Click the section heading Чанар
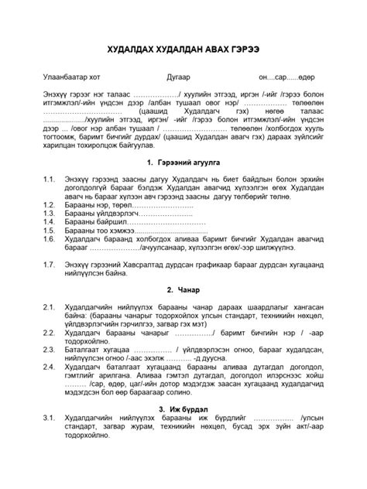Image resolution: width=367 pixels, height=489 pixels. (189, 290)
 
